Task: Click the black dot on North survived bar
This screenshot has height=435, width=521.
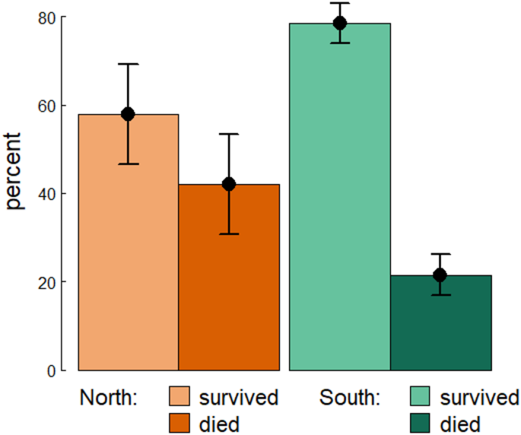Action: (128, 114)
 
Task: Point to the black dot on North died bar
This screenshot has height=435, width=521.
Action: (229, 184)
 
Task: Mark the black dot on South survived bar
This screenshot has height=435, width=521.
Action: (339, 23)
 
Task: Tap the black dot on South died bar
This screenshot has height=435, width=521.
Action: (440, 275)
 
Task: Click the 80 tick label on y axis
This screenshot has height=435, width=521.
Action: (47, 17)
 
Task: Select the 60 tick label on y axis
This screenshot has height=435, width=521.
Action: (47, 106)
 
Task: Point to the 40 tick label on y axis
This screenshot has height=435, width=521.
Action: (47, 194)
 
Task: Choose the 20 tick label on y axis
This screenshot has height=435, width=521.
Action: (47, 282)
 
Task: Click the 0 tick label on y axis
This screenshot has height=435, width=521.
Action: (52, 371)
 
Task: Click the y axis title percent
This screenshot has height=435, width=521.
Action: (15, 172)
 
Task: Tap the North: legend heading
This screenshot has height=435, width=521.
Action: (109, 398)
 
